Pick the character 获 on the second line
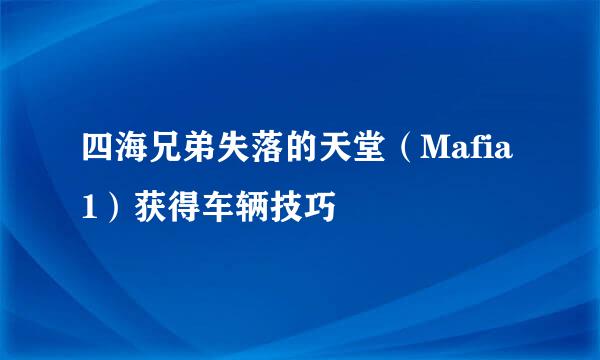(x=143, y=208)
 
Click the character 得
(x=178, y=208)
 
